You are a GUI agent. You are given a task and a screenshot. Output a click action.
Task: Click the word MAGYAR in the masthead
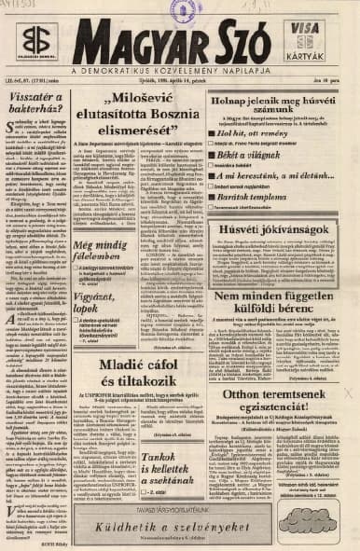(139, 45)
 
